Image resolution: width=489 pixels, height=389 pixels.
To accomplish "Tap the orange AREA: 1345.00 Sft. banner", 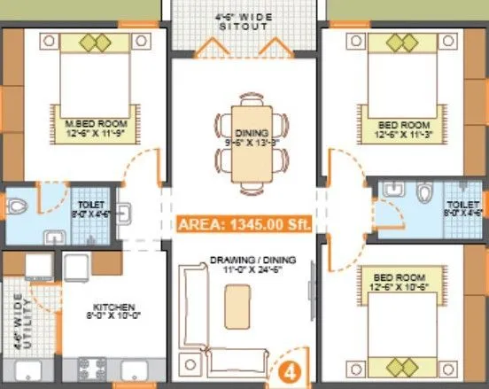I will [x=244, y=224].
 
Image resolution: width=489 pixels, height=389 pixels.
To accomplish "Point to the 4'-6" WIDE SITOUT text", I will [x=242, y=21].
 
